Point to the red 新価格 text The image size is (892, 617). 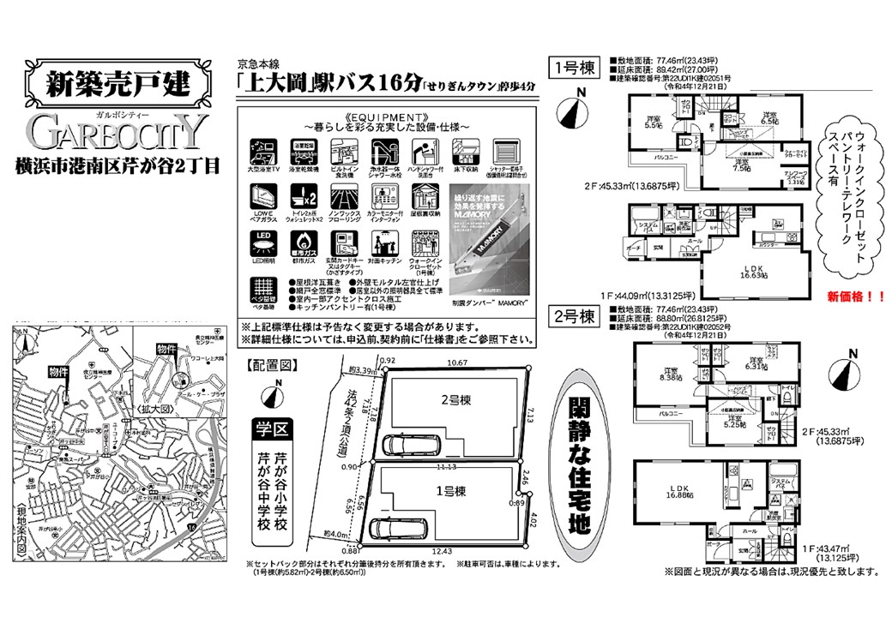854,297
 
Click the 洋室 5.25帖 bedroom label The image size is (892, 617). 736,420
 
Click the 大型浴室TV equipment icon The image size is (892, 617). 262,148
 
